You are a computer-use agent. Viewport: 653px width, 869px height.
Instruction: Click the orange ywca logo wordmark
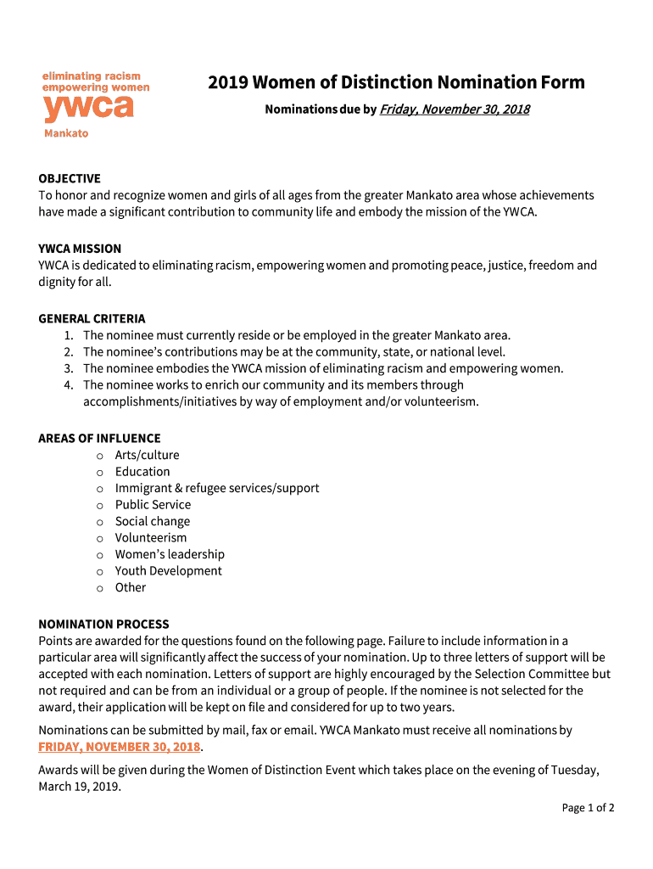88,108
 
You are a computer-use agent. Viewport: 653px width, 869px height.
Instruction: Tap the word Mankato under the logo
66,133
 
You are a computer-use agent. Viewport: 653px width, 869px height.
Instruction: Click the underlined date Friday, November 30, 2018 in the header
455,109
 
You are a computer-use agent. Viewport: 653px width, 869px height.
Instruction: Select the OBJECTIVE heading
70,178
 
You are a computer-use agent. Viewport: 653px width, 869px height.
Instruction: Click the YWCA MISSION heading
80,249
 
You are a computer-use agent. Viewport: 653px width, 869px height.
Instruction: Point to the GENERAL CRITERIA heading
92,318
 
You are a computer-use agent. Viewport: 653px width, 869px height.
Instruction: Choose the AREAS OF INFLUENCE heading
99,438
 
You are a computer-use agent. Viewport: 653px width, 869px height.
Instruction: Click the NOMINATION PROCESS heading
103,624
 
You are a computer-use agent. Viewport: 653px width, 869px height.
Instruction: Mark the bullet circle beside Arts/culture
99,456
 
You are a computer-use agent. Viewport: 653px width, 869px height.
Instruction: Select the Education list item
142,471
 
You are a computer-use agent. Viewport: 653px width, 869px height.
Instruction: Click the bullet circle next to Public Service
99,505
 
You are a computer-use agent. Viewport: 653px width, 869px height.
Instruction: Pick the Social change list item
153,521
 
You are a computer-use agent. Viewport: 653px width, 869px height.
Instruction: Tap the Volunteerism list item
151,537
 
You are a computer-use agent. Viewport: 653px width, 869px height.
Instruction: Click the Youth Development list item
169,570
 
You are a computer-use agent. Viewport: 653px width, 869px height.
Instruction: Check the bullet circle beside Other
99,588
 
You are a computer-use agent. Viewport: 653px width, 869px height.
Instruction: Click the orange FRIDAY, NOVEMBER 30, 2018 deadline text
120,747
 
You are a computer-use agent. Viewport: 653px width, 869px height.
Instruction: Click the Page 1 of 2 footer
588,808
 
